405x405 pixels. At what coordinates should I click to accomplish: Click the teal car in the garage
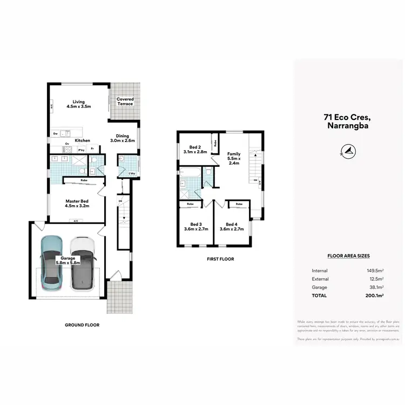coord(52,265)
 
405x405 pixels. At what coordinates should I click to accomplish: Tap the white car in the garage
coord(82,265)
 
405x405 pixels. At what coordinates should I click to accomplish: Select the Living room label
coord(79,104)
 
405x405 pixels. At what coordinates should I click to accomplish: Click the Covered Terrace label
coord(125,102)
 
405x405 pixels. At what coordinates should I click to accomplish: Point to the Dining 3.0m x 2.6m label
coord(122,138)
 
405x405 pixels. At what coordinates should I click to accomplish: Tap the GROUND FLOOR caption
coord(83,325)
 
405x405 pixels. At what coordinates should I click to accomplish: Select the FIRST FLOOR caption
coord(220,259)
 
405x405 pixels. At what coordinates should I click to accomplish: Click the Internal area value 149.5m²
coord(375,271)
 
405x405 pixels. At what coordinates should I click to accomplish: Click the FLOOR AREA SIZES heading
coord(348,256)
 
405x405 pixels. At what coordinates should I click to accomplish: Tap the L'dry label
coord(132,173)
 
